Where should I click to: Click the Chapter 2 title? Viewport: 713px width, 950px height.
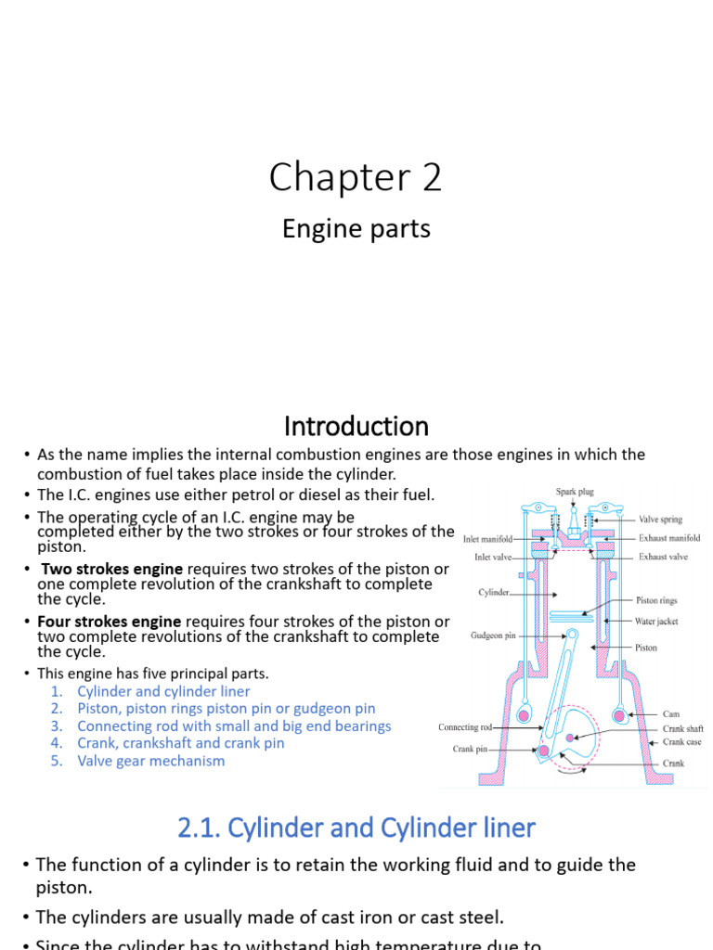[356, 177]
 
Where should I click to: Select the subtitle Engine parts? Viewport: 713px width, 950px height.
[356, 228]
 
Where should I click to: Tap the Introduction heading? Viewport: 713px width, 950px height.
[356, 426]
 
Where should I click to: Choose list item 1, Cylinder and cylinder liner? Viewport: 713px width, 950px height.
[163, 691]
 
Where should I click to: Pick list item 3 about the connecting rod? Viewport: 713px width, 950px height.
[234, 725]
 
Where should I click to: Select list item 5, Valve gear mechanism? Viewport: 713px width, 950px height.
[150, 761]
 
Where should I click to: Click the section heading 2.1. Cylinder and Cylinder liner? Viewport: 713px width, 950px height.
[356, 827]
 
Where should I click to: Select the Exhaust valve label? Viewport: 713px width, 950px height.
[663, 557]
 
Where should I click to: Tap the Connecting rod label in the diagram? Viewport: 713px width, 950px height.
[471, 727]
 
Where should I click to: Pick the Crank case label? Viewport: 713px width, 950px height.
[682, 741]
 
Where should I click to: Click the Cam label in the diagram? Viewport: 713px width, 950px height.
[671, 714]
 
